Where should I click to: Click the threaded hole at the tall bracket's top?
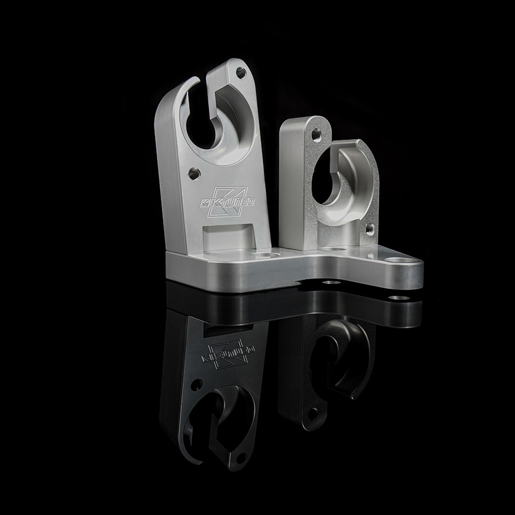241,73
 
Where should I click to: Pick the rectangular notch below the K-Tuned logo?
228,236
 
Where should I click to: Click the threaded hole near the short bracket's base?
369,228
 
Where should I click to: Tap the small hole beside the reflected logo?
196,384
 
